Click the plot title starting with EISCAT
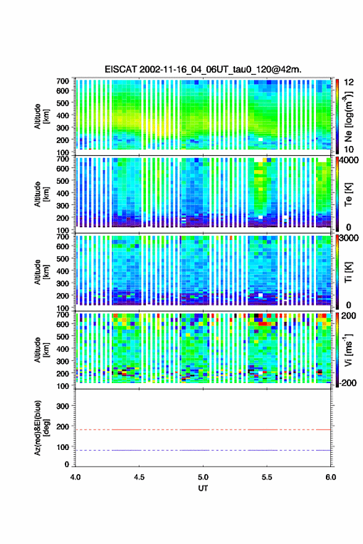[203, 69]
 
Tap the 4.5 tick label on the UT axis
[139, 477]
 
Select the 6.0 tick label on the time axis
[330, 477]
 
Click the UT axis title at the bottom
[203, 488]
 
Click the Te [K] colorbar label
[348, 194]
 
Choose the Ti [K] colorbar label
[348, 272]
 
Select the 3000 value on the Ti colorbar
[349, 238]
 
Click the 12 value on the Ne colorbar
[349, 82]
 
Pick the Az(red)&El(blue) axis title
[42, 428]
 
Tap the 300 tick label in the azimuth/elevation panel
[62, 406]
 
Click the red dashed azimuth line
[203, 430]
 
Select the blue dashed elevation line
[203, 451]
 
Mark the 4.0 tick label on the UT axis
[75, 477]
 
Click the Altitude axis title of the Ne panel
[42, 116]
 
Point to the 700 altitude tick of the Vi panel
[62, 314]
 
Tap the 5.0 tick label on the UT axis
[203, 477]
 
